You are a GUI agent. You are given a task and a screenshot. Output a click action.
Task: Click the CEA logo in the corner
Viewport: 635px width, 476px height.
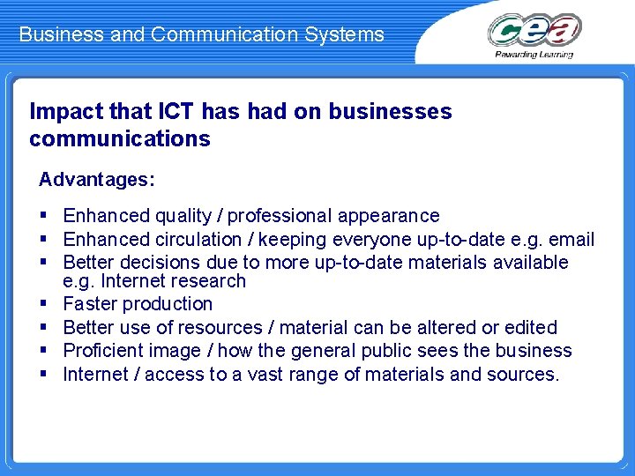pyautogui.click(x=534, y=30)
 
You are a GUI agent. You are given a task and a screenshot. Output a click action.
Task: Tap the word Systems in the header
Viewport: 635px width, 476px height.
pyautogui.click(x=350, y=35)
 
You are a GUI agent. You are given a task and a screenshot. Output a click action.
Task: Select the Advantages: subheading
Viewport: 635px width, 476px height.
pyautogui.click(x=97, y=180)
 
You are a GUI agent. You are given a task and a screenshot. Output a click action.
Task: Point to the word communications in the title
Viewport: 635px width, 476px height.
pyautogui.click(x=120, y=139)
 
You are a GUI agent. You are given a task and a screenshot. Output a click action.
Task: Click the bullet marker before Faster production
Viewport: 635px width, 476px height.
pyautogui.click(x=45, y=304)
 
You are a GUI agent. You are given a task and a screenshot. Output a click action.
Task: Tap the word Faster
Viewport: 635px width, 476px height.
pyautogui.click(x=90, y=304)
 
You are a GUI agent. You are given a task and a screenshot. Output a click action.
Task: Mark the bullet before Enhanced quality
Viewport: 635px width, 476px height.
pyautogui.click(x=45, y=216)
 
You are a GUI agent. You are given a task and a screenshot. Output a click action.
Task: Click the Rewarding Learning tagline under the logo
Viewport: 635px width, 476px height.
pyautogui.click(x=534, y=55)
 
